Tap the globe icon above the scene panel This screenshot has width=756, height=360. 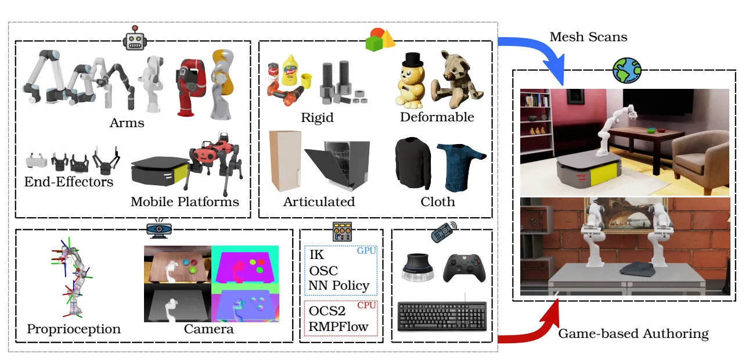pyautogui.click(x=627, y=71)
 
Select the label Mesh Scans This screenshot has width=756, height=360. pyautogui.click(x=588, y=37)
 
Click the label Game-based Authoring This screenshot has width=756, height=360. pyautogui.click(x=633, y=333)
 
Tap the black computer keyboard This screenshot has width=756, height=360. pyautogui.click(x=442, y=317)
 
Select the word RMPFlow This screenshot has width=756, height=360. pyautogui.click(x=338, y=326)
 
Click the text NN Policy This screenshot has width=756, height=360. pyautogui.click(x=339, y=285)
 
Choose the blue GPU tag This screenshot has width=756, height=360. pyautogui.click(x=366, y=251)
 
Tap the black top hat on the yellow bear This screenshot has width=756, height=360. pyautogui.click(x=412, y=59)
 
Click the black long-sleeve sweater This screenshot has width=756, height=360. pyautogui.click(x=413, y=165)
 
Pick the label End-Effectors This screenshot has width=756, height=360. pyautogui.click(x=69, y=182)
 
